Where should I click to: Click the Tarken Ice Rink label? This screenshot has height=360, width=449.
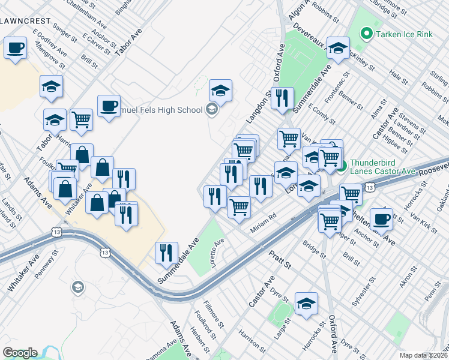pos(404,34)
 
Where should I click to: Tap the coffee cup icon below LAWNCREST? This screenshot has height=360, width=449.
pos(16,47)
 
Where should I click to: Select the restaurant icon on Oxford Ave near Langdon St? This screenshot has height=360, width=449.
pos(282,98)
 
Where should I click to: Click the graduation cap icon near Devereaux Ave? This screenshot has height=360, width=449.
pos(339,48)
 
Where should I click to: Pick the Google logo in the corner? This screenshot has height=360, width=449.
pos(20,353)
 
